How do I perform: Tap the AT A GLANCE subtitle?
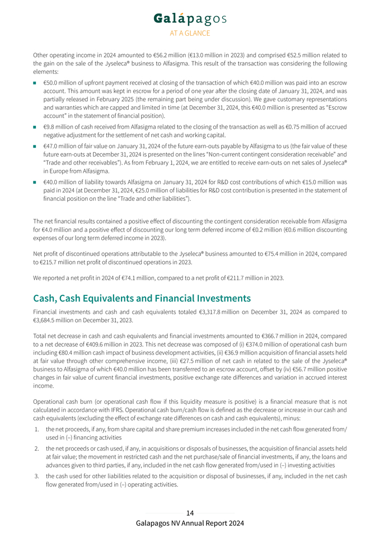pyautogui.click(x=190, y=34)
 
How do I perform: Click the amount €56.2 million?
pyautogui.click(x=167, y=55)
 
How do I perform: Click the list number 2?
pyautogui.click(x=37, y=448)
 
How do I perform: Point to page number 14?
pyautogui.click(x=190, y=513)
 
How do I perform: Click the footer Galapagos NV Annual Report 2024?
pyautogui.click(x=190, y=524)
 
